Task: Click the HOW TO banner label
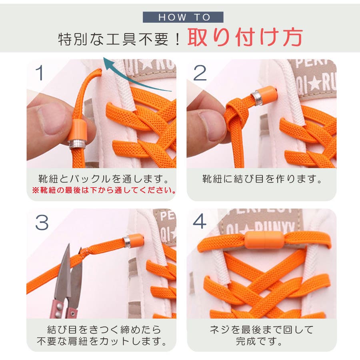click(183, 17)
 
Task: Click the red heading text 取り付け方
click(245, 37)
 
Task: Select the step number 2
click(200, 73)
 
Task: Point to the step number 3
click(42, 222)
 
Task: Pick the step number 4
click(200, 221)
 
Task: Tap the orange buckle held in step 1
click(78, 134)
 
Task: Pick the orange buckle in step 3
click(133, 241)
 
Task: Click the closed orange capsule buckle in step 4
click(264, 240)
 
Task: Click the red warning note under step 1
click(104, 190)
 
